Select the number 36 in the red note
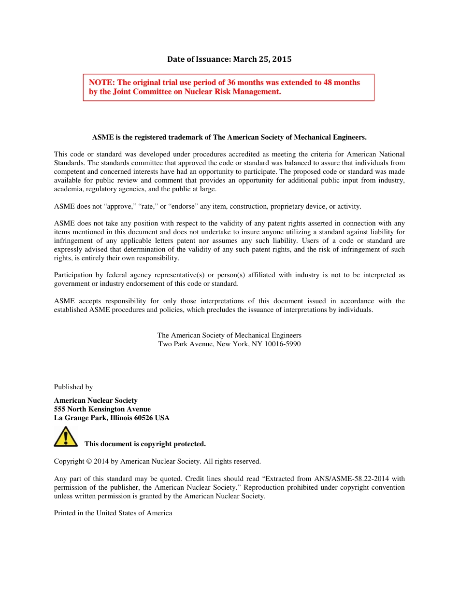218,83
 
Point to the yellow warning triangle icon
65,437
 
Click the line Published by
73,387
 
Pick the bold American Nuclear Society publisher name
96,400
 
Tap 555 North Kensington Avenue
102,409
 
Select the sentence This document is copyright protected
145,444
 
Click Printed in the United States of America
113,513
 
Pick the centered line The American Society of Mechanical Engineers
229,335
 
